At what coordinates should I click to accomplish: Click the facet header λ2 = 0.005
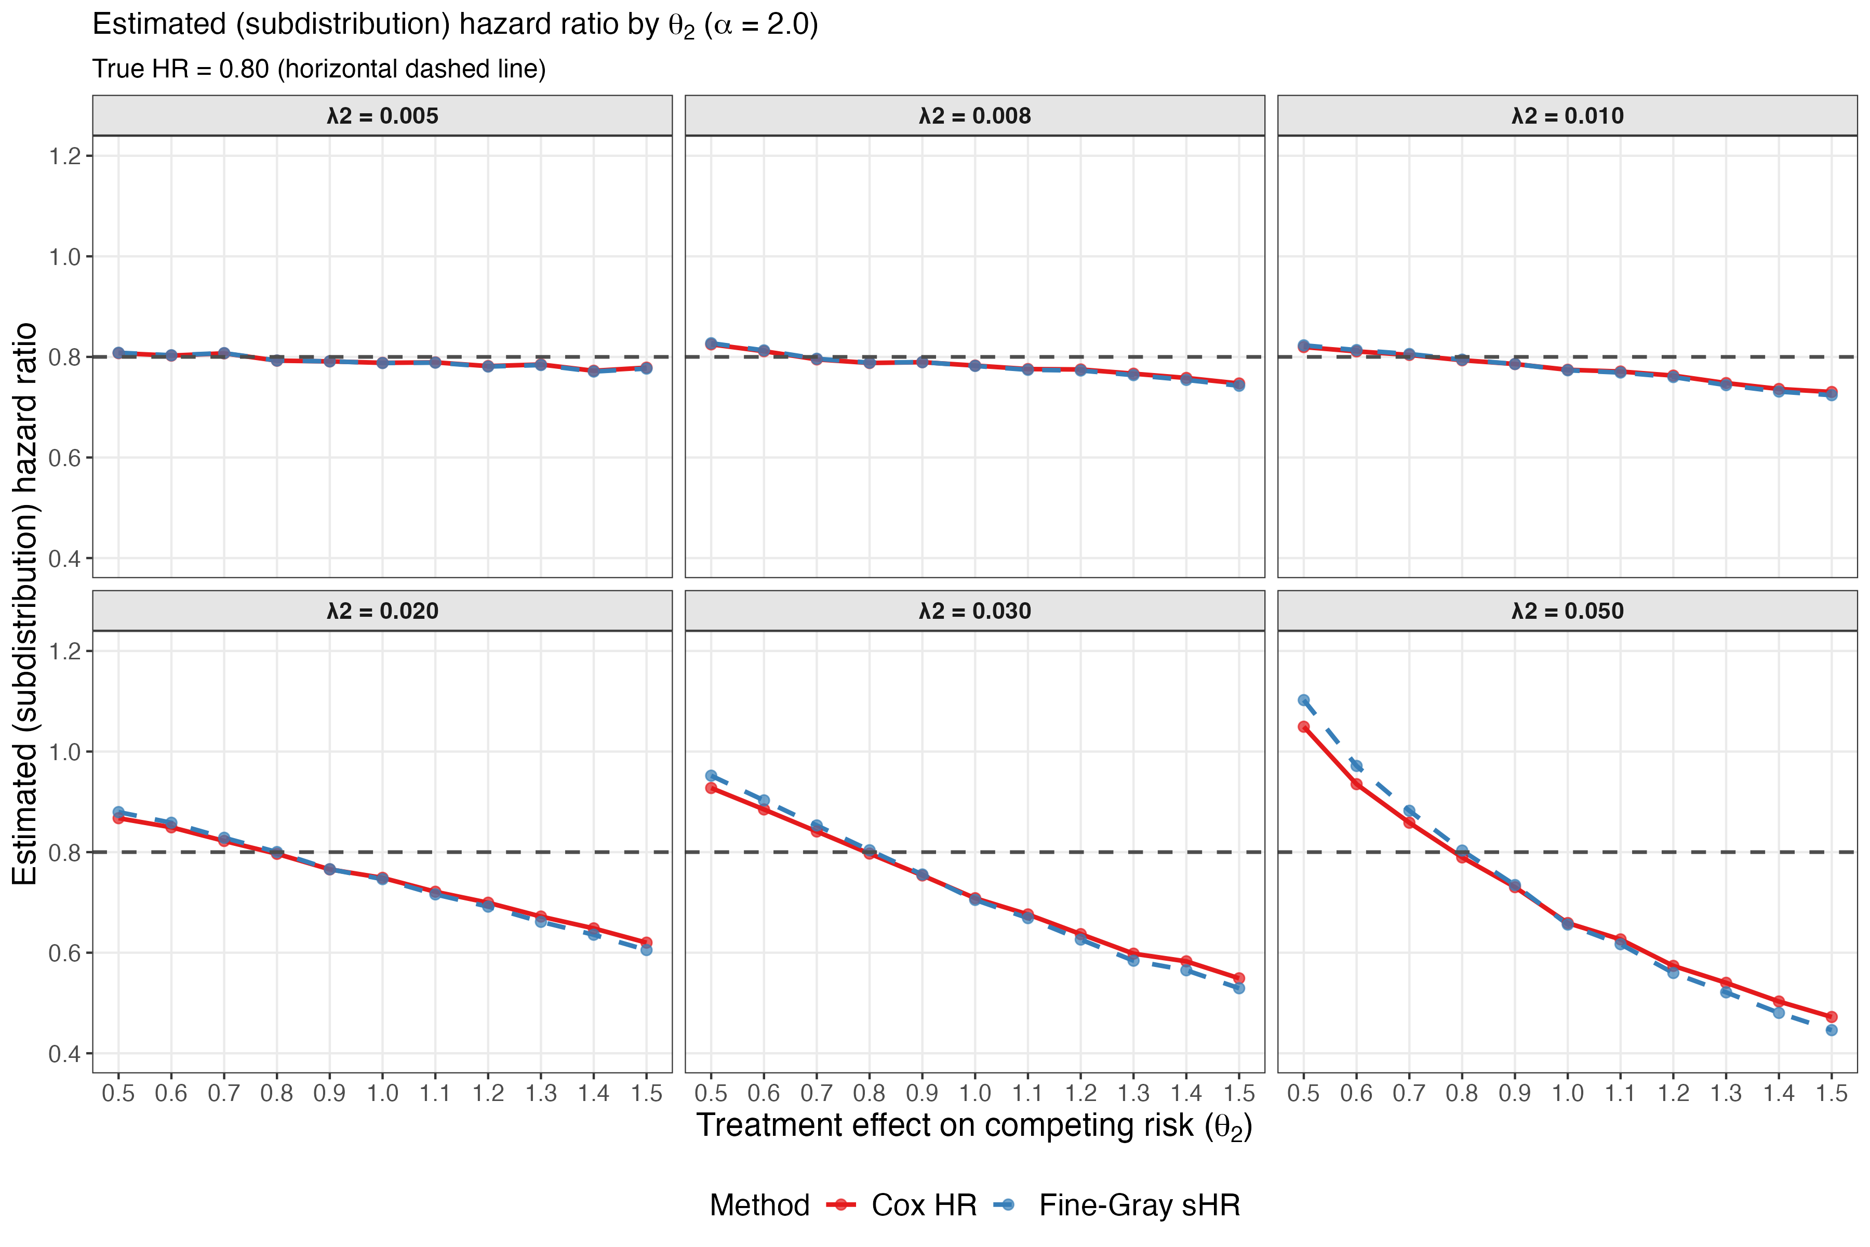point(382,116)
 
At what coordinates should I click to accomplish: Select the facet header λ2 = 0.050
point(1567,611)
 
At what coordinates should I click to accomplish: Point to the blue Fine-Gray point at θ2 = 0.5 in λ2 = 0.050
point(1303,700)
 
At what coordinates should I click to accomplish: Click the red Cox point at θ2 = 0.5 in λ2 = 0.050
point(1303,726)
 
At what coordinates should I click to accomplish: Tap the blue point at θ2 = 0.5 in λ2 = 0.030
point(711,775)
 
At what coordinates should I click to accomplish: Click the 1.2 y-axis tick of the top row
point(65,156)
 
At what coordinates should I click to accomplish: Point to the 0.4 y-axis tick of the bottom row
point(65,1054)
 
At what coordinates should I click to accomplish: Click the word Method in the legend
point(759,1205)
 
